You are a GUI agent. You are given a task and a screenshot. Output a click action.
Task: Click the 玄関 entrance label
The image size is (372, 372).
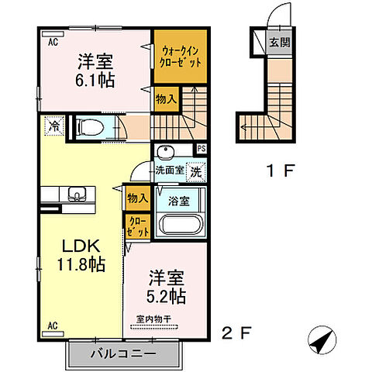280,42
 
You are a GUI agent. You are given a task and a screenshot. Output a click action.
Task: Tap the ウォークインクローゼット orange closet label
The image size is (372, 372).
180,56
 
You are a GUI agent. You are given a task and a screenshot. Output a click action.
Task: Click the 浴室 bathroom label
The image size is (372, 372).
181,199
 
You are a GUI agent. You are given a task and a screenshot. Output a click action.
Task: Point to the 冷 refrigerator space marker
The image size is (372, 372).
55,124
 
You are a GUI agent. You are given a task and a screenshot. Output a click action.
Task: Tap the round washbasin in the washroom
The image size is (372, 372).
164,153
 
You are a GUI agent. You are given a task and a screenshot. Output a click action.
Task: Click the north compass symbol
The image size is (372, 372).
324,339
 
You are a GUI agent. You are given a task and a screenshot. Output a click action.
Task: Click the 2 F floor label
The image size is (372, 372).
236,334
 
